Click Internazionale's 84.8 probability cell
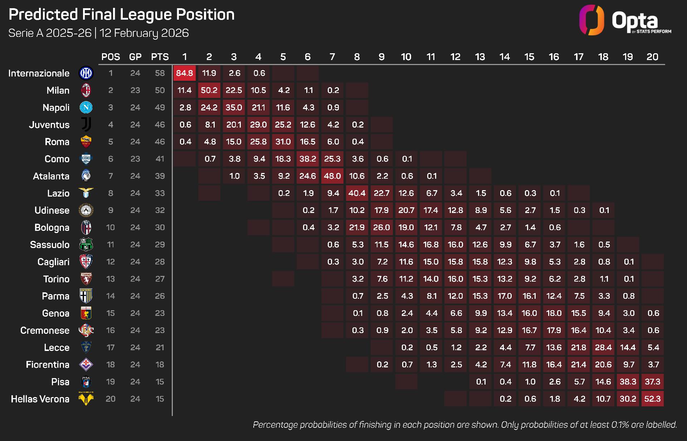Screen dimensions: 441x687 point(185,73)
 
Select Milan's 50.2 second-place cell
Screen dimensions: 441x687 point(209,90)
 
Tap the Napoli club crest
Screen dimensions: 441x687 point(86,108)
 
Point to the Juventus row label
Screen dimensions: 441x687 point(49,125)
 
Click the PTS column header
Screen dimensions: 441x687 point(160,57)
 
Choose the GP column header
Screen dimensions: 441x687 point(135,57)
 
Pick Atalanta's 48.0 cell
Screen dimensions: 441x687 point(332,176)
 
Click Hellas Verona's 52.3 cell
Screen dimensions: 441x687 point(652,399)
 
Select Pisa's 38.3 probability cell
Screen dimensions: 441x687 point(628,382)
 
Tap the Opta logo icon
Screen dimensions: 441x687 point(591,20)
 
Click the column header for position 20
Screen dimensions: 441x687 point(652,57)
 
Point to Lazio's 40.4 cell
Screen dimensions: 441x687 point(357,193)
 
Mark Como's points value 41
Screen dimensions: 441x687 point(160,159)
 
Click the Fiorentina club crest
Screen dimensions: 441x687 point(86,365)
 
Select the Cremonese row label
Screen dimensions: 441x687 point(45,331)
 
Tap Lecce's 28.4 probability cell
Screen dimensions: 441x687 point(603,348)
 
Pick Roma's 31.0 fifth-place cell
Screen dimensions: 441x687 point(283,142)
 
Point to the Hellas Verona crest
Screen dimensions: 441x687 point(86,399)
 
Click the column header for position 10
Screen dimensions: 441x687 point(406,57)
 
